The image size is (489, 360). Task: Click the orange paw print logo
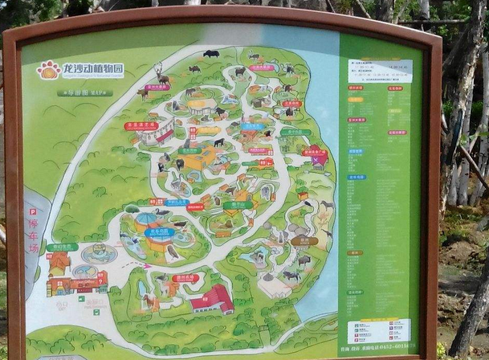point(48,70)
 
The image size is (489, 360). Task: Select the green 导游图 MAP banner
point(85,93)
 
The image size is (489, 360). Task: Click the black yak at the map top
point(211,54)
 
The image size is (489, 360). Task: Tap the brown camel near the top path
point(143,93)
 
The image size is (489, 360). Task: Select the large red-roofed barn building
point(213,299)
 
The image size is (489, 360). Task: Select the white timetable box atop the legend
point(380,71)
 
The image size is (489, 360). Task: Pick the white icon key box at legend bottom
point(379,329)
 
